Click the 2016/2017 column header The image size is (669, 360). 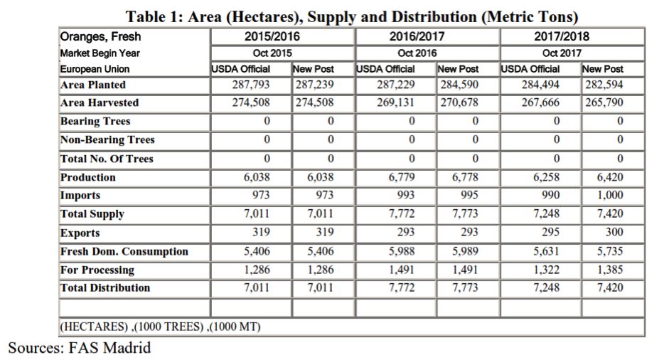coord(417,36)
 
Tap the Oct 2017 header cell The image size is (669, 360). coord(562,53)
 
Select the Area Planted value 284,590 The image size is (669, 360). coord(459,85)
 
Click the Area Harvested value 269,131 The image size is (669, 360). coord(395,102)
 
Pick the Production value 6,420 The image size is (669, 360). coord(610,177)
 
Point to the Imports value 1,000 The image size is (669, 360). coord(610,195)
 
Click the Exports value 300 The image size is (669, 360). coord(614,232)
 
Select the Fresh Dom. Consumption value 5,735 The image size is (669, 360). coord(610,251)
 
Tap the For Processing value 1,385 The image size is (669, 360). coord(610,270)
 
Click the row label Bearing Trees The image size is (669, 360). coord(95,121)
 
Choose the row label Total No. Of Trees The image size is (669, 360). coord(107,159)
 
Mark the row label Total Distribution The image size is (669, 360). coord(105,288)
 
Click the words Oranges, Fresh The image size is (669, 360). coord(100,37)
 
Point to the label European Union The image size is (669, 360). coord(95,69)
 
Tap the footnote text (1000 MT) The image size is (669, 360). coord(235,327)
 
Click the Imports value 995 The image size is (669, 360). coord(469,195)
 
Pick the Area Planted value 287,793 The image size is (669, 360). coord(251,85)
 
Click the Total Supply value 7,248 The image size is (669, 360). coord(546,213)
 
